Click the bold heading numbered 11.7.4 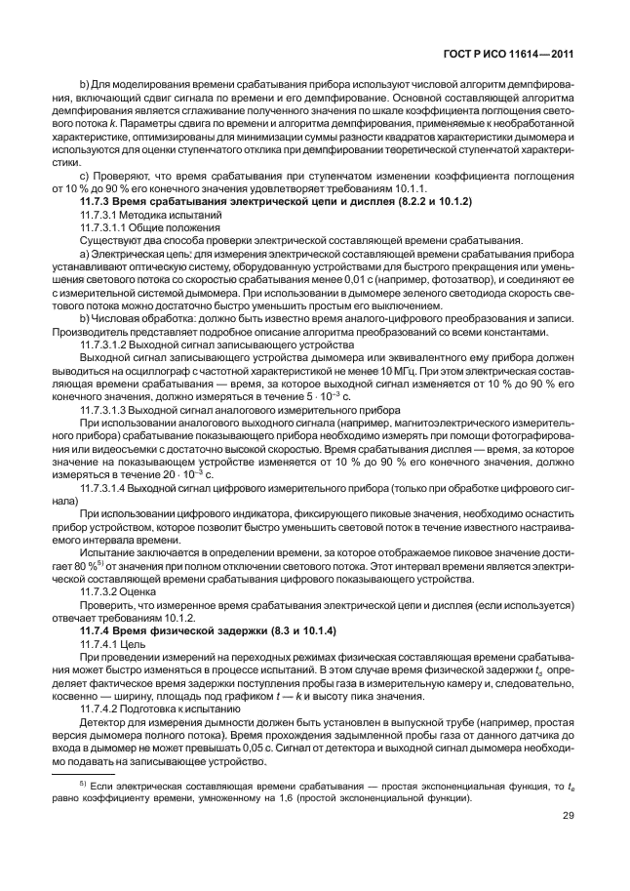pyautogui.click(x=201, y=632)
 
